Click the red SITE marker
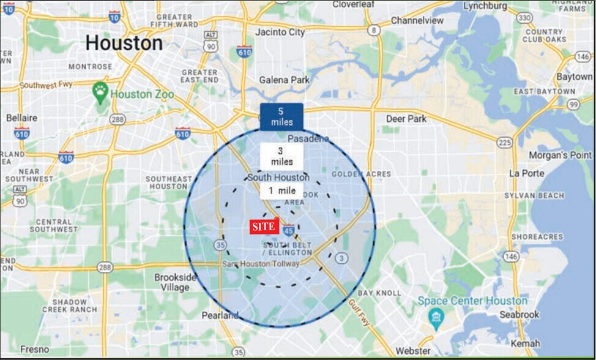(264, 227)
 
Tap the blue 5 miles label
(281, 116)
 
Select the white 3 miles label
(281, 156)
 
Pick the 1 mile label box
(281, 190)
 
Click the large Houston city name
(124, 43)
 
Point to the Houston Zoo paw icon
(100, 92)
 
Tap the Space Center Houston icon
(436, 315)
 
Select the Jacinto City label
(280, 31)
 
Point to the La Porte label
(526, 174)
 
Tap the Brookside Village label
(175, 282)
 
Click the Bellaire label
(22, 118)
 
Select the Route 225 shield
(505, 142)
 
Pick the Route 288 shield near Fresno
(105, 267)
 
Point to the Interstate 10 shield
(114, 17)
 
